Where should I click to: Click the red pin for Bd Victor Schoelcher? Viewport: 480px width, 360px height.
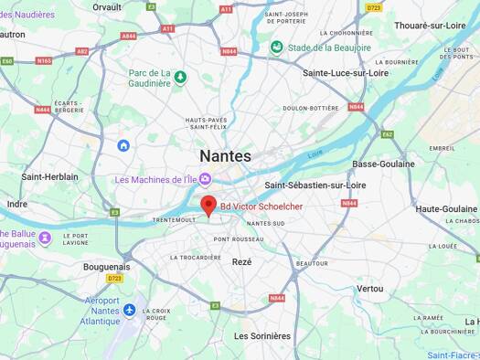[x=208, y=206]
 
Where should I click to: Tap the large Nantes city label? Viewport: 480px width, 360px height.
[x=225, y=156]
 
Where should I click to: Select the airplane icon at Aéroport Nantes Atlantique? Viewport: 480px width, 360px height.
[x=129, y=310]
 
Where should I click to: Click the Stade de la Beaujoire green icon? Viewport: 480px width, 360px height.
[x=276, y=48]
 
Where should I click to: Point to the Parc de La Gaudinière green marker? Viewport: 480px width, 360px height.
[x=181, y=77]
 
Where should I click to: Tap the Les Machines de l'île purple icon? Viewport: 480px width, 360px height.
[x=205, y=179]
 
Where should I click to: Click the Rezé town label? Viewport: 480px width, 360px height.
[x=241, y=261]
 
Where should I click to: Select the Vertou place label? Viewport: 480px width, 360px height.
[x=370, y=288]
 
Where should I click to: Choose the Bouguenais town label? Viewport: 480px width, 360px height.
[x=107, y=267]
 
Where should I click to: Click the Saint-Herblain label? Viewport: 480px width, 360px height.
[x=50, y=176]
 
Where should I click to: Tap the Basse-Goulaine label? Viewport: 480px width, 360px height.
[x=383, y=164]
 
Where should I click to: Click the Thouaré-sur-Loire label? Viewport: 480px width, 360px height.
[x=432, y=26]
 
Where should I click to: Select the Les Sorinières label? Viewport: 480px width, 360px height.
[x=262, y=335]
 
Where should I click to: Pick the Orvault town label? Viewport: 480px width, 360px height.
[x=107, y=6]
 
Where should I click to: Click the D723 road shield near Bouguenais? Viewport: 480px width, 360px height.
[x=114, y=279]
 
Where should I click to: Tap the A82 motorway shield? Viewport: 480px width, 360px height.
[x=82, y=51]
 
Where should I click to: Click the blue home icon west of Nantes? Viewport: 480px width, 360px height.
[x=123, y=145]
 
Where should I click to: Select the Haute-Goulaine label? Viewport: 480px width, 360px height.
[x=446, y=208]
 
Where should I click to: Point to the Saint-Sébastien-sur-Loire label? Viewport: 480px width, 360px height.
[x=315, y=185]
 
